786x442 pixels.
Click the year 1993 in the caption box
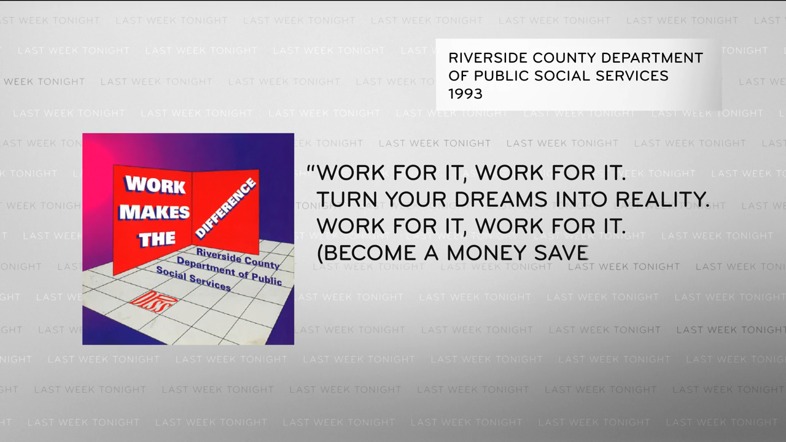[465, 94]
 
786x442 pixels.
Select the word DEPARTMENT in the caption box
[652, 58]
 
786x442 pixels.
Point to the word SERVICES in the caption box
[631, 76]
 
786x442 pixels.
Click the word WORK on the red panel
[155, 185]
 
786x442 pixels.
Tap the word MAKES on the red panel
[154, 212]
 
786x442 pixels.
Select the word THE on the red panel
[157, 239]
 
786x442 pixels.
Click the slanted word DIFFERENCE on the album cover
[225, 208]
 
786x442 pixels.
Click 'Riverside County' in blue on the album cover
[238, 258]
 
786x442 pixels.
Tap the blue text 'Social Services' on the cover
[193, 279]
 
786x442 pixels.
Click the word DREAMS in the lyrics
[500, 199]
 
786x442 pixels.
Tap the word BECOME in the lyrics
[367, 252]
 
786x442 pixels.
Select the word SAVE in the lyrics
[561, 252]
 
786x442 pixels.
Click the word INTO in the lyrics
[582, 199]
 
